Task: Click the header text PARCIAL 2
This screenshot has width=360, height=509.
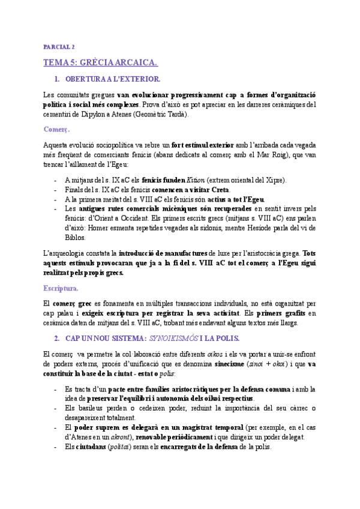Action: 59,47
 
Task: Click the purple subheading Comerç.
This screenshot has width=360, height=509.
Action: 57,128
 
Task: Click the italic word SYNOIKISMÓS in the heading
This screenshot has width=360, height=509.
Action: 176,337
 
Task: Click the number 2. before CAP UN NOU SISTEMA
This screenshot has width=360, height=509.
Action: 57,337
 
